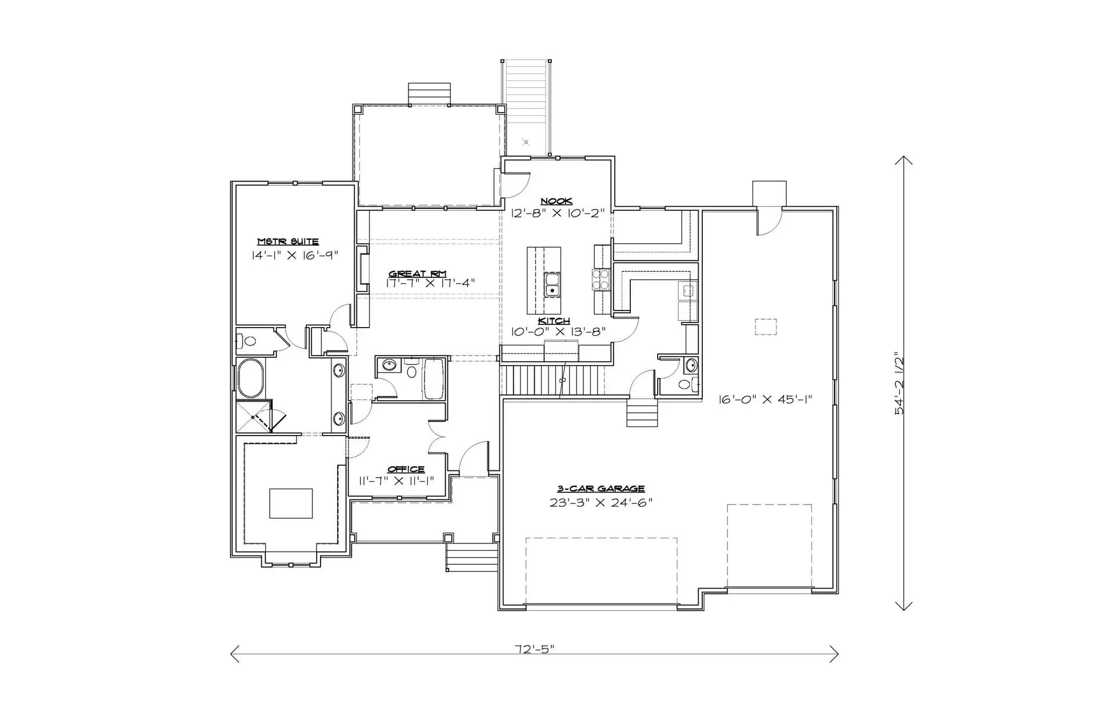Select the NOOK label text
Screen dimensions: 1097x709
pyautogui.click(x=556, y=201)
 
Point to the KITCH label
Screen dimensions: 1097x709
pyautogui.click(x=554, y=321)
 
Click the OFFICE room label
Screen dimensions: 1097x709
pyautogui.click(x=406, y=469)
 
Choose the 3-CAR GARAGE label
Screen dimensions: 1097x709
pyautogui.click(x=601, y=489)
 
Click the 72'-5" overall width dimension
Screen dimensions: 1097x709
pyautogui.click(x=534, y=649)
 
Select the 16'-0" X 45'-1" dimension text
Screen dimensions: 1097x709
pyautogui.click(x=766, y=400)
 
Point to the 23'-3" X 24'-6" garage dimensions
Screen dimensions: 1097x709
pyautogui.click(x=601, y=502)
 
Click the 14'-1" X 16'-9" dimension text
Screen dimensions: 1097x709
pyautogui.click(x=295, y=255)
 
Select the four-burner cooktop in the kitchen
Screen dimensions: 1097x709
pyautogui.click(x=601, y=280)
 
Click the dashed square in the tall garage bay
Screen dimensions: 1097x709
pyautogui.click(x=766, y=327)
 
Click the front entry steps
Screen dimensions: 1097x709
pyautogui.click(x=473, y=557)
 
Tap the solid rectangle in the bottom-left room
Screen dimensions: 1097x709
pyautogui.click(x=291, y=503)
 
